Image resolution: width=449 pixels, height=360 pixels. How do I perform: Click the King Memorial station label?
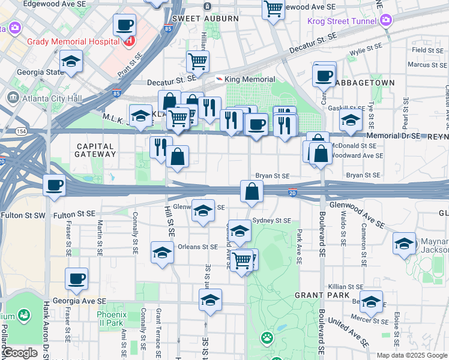[x=250, y=79]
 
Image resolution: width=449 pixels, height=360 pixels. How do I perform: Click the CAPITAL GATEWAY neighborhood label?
[x=96, y=150]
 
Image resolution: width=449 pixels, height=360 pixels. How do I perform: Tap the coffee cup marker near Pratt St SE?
[x=125, y=25]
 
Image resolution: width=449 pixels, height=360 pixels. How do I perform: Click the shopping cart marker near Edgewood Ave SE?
[x=273, y=9]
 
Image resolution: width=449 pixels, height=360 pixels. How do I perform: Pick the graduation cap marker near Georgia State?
[x=71, y=61]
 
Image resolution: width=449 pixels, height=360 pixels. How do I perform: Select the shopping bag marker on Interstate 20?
[x=252, y=191]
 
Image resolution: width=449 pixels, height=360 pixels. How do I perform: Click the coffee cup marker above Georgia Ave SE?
[x=77, y=279]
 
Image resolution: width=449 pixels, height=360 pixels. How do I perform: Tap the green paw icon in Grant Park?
[x=267, y=338]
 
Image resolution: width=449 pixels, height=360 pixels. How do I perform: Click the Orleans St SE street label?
[x=197, y=247]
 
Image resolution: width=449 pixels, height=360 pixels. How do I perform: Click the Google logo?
[x=20, y=353]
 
